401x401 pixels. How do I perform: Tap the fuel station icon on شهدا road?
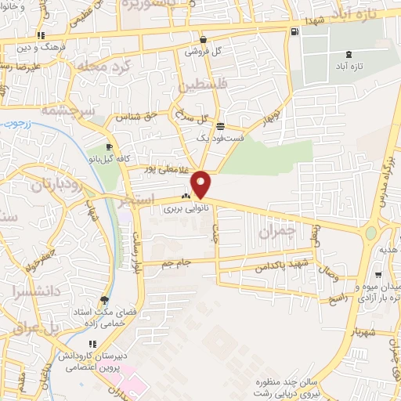coord(294,31)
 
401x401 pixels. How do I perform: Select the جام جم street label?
coord(177,262)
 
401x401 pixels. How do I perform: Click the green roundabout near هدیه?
coord(371,233)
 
